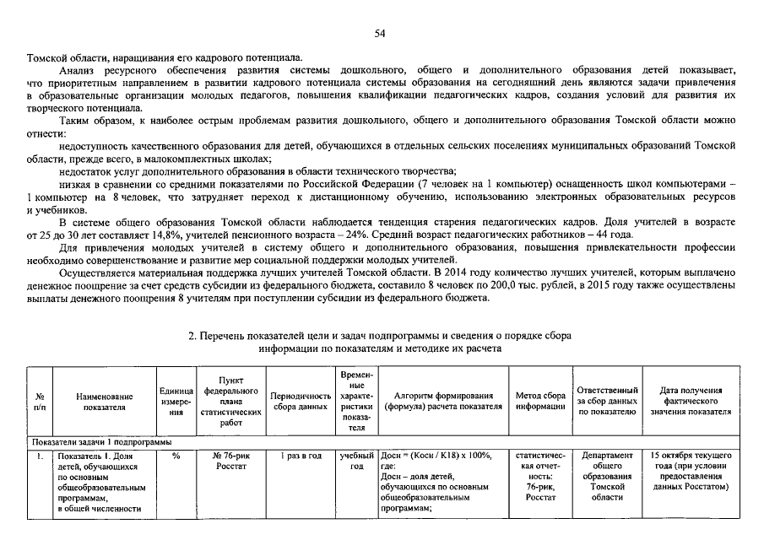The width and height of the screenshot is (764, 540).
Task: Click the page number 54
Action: (380, 34)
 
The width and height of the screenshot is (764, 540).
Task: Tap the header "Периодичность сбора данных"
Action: (301, 401)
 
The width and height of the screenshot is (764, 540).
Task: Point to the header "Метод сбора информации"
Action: (540, 401)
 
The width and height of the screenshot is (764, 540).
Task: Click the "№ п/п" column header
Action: (40, 401)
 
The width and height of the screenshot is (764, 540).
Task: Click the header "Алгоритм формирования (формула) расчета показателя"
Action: (443, 401)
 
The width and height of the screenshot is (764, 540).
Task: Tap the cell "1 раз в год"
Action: (301, 456)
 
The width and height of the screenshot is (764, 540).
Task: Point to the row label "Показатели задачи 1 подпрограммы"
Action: (101, 442)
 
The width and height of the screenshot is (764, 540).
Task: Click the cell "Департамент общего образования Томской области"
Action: (607, 477)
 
